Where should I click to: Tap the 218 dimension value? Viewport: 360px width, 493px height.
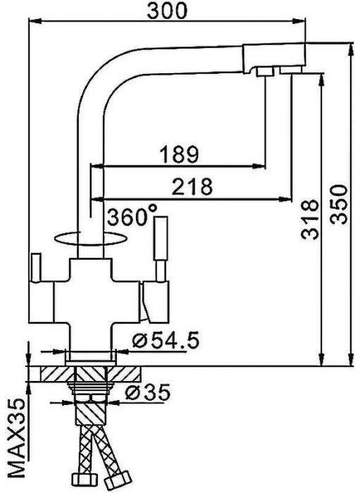(x=192, y=186)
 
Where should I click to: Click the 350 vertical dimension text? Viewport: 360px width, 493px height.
(x=338, y=204)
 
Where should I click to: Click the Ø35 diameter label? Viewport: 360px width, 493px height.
(x=149, y=393)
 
